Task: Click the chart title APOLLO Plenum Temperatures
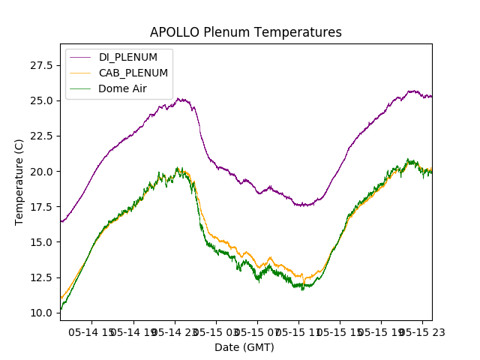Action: click(x=246, y=32)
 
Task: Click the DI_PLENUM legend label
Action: click(x=128, y=57)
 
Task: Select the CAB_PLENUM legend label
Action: click(x=133, y=73)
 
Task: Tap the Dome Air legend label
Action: click(x=122, y=88)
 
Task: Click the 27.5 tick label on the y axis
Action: click(x=41, y=65)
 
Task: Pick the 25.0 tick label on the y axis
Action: click(x=41, y=100)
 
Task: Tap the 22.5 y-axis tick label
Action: click(x=41, y=136)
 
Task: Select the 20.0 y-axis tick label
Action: click(x=41, y=171)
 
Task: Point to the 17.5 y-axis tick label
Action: click(x=41, y=206)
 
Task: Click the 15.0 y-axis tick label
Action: click(x=41, y=241)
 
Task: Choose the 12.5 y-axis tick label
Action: click(x=41, y=277)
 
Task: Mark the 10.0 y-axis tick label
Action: click(x=41, y=312)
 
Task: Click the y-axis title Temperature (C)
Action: click(x=19, y=182)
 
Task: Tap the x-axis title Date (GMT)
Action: click(x=244, y=347)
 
